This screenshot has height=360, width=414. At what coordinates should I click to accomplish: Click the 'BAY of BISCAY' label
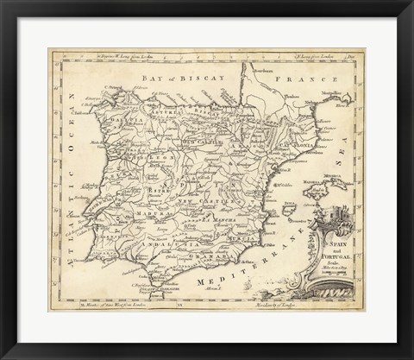pos(172,78)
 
